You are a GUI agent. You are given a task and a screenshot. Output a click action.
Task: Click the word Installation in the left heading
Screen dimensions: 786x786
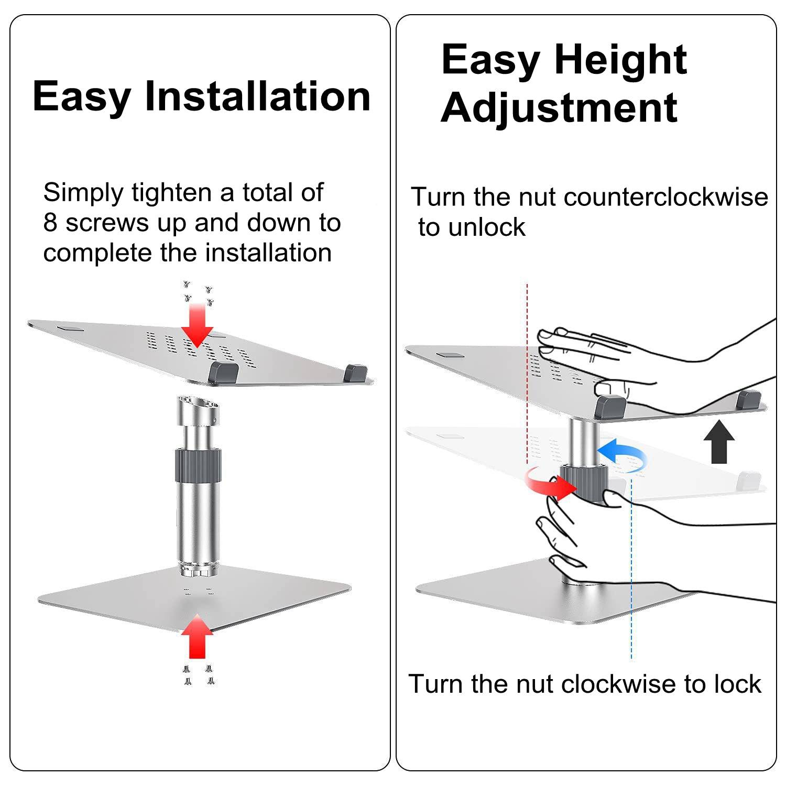pos(257,96)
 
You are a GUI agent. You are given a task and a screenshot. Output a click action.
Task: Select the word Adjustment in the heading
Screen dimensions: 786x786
pos(559,107)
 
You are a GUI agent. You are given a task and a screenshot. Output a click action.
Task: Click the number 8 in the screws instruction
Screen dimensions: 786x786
pos(50,223)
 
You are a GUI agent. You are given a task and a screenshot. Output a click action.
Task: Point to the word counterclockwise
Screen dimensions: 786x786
pos(665,198)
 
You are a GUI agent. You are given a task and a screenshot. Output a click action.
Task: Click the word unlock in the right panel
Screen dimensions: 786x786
pos(487,227)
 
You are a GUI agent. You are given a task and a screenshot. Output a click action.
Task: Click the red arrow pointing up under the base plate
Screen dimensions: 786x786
pos(197,636)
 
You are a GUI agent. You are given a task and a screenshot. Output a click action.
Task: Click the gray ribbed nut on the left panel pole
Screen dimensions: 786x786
pos(198,466)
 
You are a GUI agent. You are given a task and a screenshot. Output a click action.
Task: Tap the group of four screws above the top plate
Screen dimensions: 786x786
pos(198,294)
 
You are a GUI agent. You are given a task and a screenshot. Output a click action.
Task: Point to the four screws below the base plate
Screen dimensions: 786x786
pos(199,675)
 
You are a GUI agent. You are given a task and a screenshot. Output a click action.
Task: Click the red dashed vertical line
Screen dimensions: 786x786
pos(527,367)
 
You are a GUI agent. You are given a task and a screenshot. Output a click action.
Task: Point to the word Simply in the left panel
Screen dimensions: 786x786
pos(83,193)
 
